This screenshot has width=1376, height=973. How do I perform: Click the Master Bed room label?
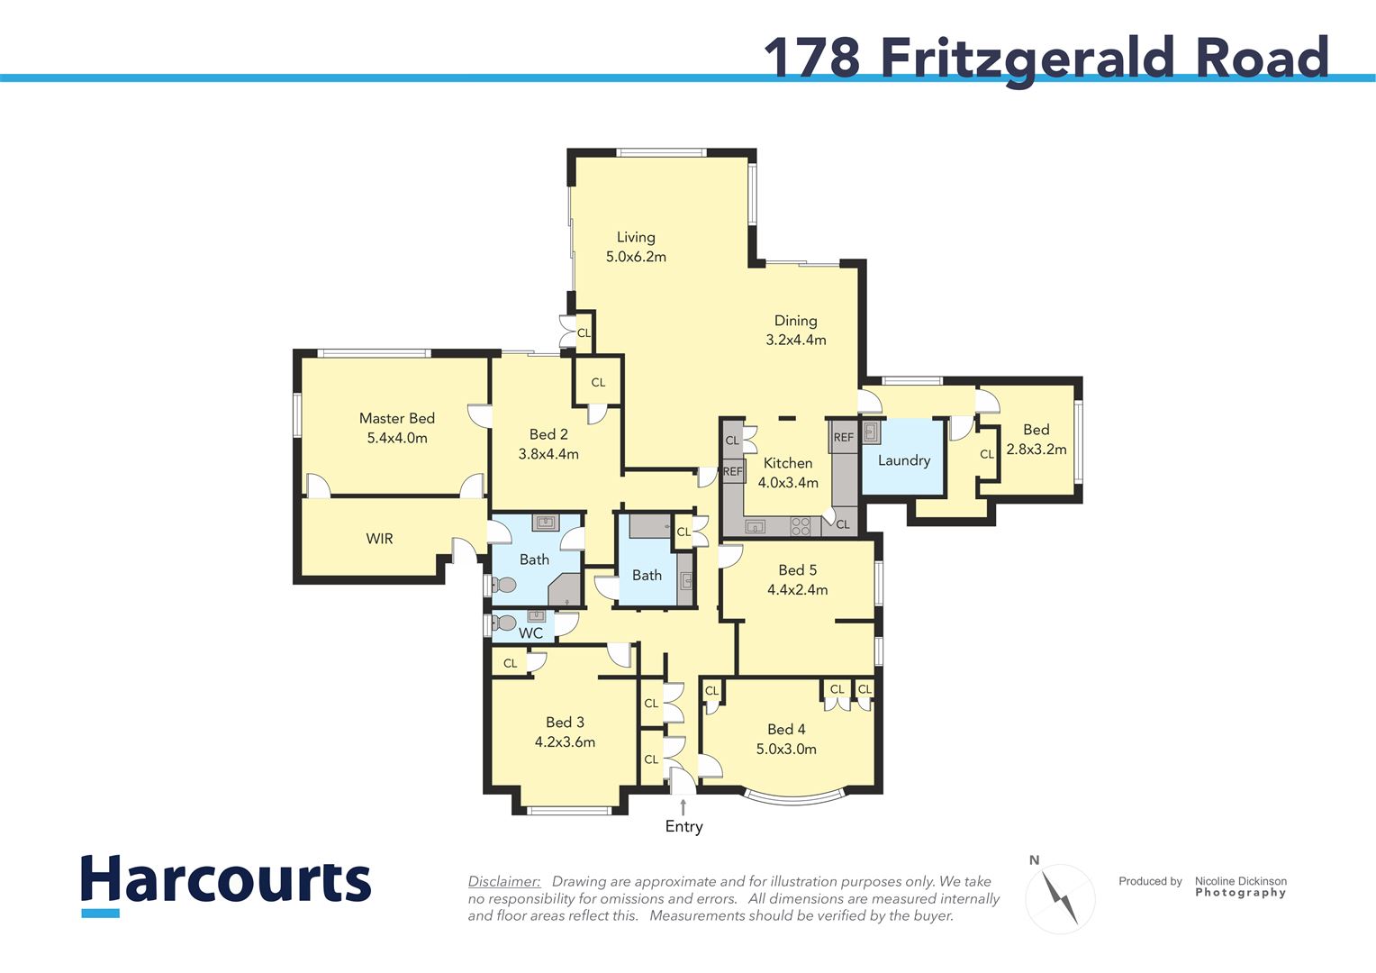[x=397, y=419]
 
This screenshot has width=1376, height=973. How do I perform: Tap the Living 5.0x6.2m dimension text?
[x=636, y=257]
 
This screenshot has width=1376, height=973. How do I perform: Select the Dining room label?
[x=795, y=321]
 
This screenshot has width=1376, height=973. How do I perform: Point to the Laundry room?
[x=903, y=457]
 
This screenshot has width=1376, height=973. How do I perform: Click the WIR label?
[x=379, y=539]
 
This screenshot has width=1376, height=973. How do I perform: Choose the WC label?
[x=530, y=633]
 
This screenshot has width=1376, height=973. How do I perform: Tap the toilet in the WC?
[x=503, y=623]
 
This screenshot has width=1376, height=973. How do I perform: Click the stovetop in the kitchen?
[x=801, y=526]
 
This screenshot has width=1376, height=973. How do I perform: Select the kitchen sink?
[x=755, y=527]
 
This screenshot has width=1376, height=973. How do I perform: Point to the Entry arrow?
[x=683, y=806]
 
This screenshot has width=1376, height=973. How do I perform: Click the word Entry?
[x=683, y=827]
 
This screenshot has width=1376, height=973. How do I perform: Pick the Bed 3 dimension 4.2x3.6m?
[x=565, y=741]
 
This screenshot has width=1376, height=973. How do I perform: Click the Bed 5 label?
[x=797, y=570]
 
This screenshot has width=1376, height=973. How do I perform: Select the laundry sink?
[x=872, y=432]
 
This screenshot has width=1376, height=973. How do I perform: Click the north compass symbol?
[x=1060, y=897]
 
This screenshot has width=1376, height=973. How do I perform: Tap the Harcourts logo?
[x=226, y=885]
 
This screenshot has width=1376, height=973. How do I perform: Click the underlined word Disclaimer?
[x=504, y=881]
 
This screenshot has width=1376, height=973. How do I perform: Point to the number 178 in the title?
[x=812, y=57]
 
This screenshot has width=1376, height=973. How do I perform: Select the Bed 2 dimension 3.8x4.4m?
[x=548, y=454]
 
